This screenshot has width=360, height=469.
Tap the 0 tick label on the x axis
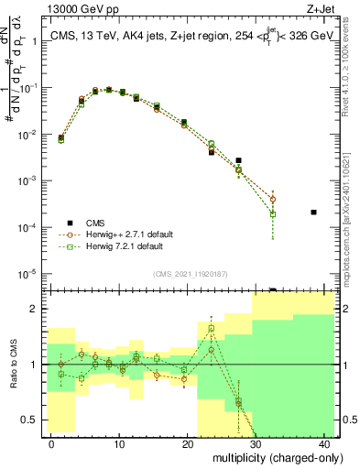[51, 443]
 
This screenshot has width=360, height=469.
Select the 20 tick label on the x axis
[188, 443]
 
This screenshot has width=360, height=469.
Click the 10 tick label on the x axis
[119, 443]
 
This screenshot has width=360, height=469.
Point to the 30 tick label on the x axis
[256, 443]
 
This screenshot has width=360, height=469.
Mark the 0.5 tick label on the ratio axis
[30, 420]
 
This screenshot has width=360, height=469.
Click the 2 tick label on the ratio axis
[35, 310]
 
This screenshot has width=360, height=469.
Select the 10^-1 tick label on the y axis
[27, 88]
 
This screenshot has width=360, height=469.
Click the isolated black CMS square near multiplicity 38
[313, 213]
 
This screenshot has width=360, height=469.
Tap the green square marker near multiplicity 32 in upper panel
[273, 214]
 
